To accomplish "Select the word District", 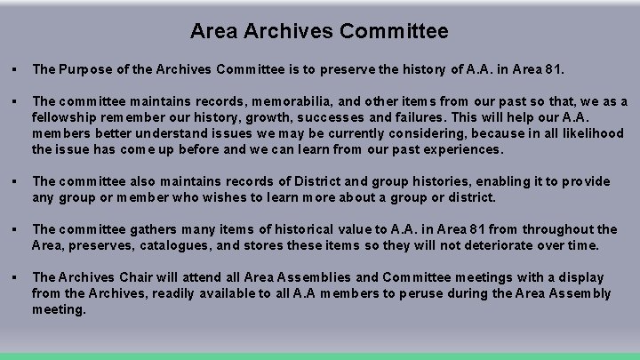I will click(352, 181).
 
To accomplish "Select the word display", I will click(575, 277).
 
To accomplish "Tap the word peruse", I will click(412, 293).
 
